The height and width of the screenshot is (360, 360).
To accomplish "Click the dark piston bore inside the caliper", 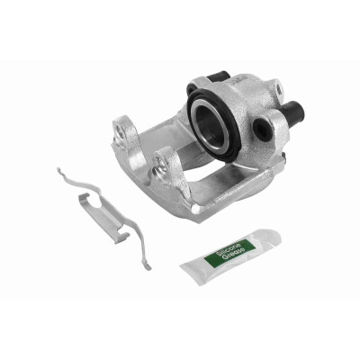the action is coord(211,126).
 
